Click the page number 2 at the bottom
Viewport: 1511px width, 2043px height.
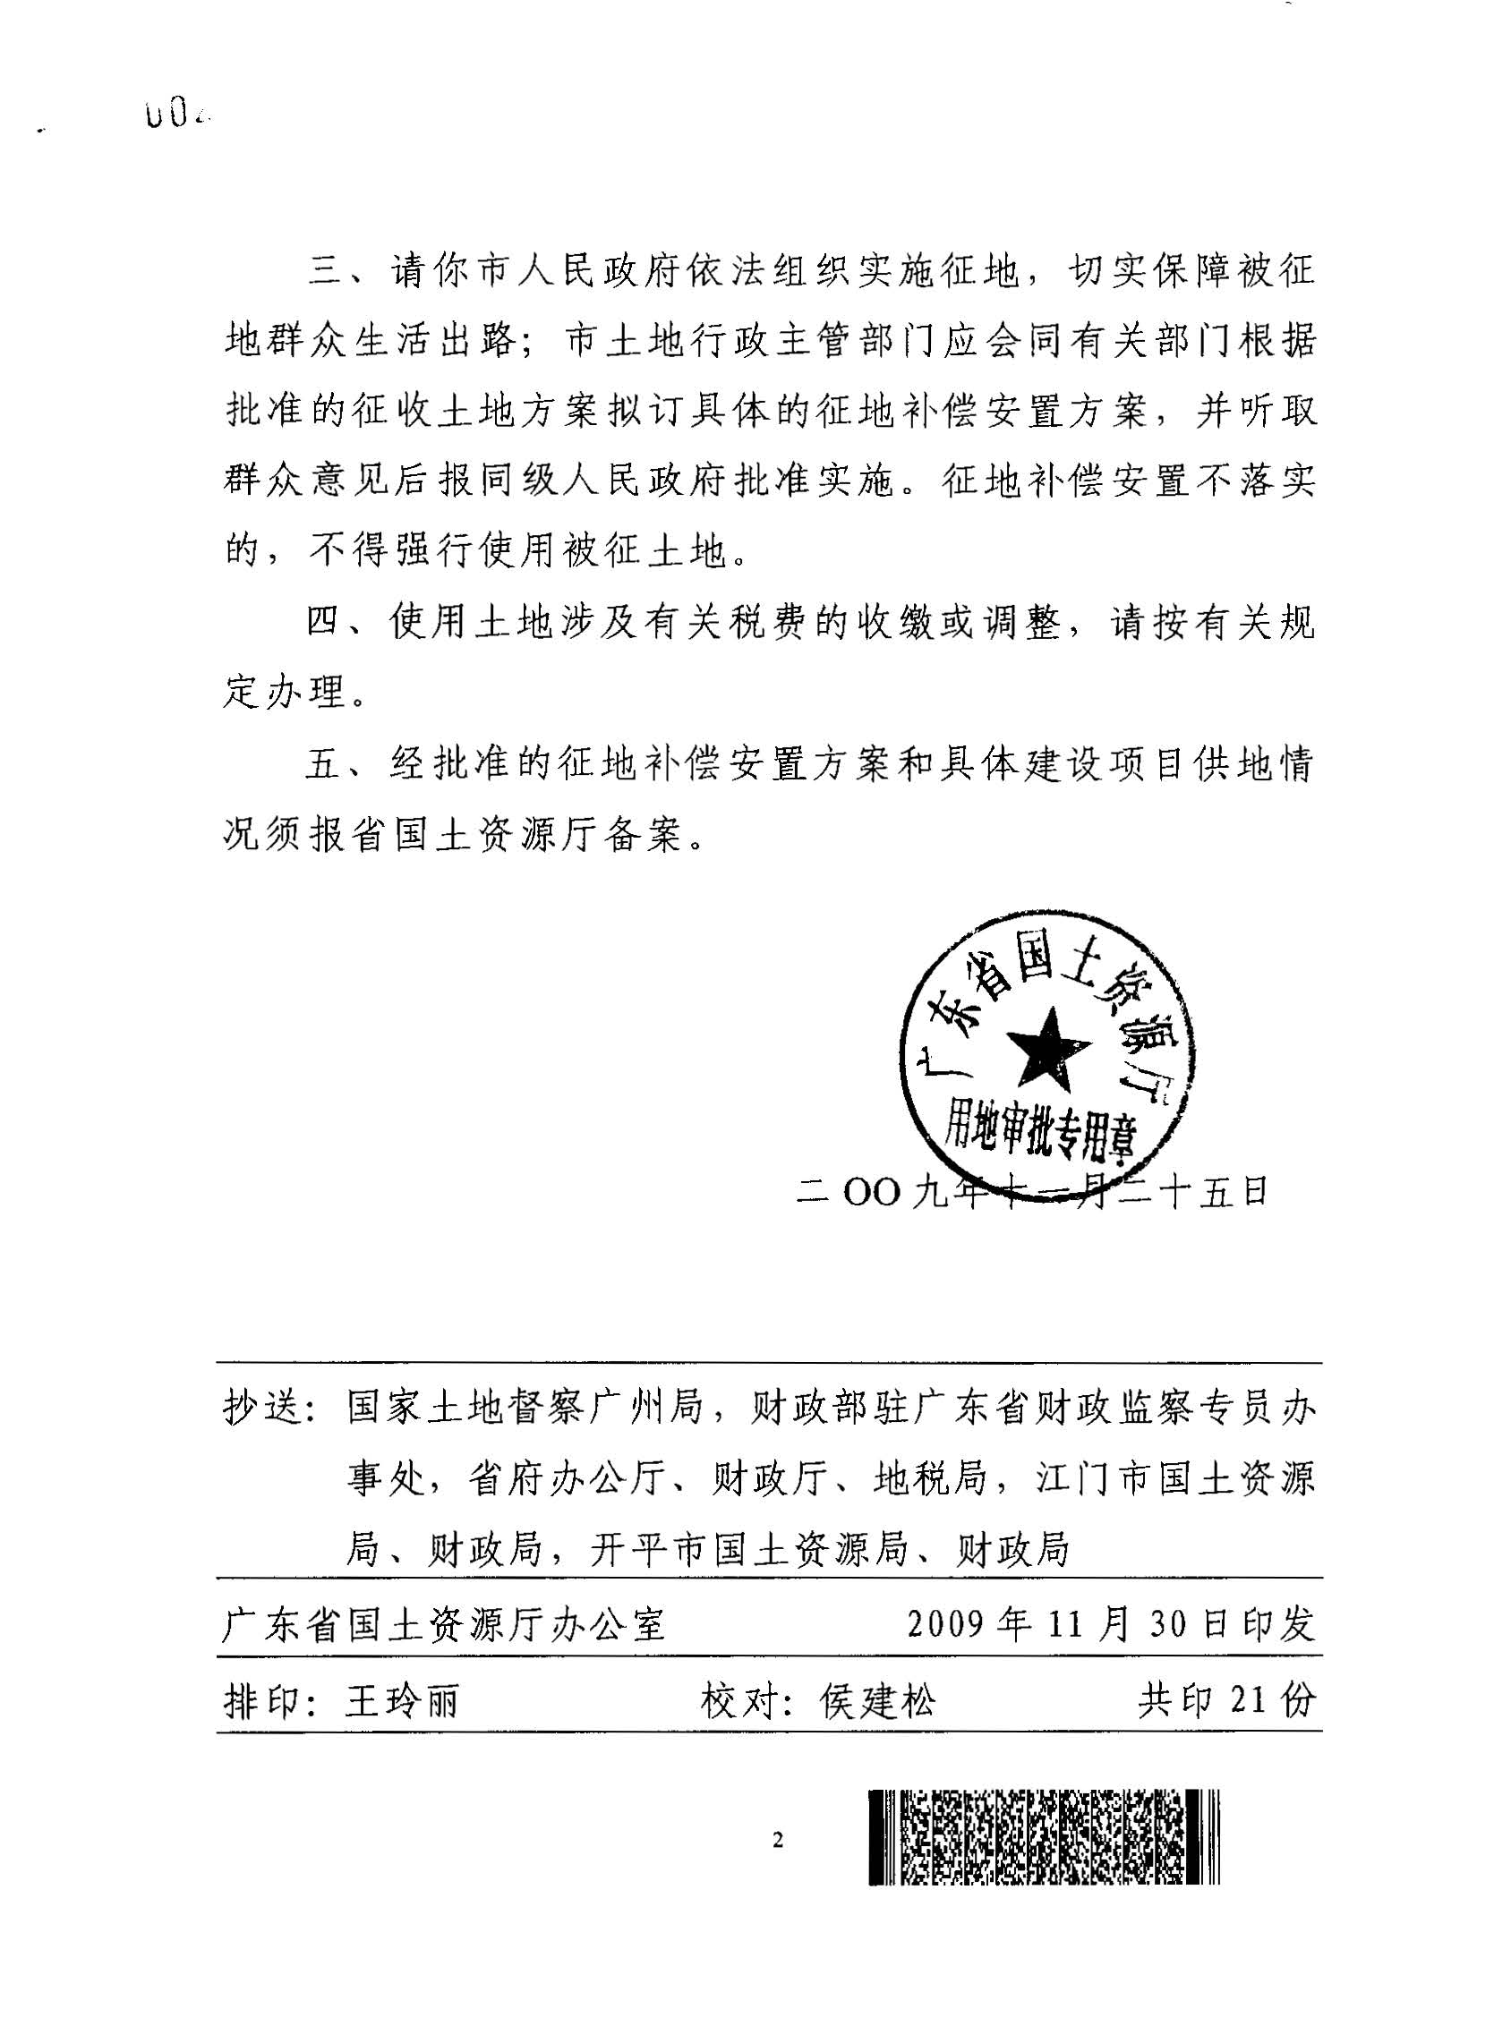tap(779, 1840)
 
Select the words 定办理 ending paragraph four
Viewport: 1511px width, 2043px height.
tap(285, 694)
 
